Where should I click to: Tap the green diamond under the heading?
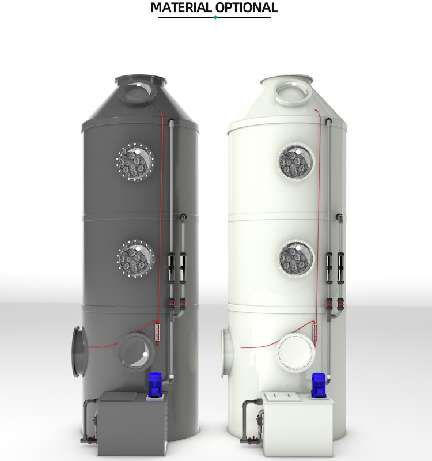point(215,17)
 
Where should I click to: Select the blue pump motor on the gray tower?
point(154,384)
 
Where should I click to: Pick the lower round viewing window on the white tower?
point(296,258)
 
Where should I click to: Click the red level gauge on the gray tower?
point(157,333)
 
